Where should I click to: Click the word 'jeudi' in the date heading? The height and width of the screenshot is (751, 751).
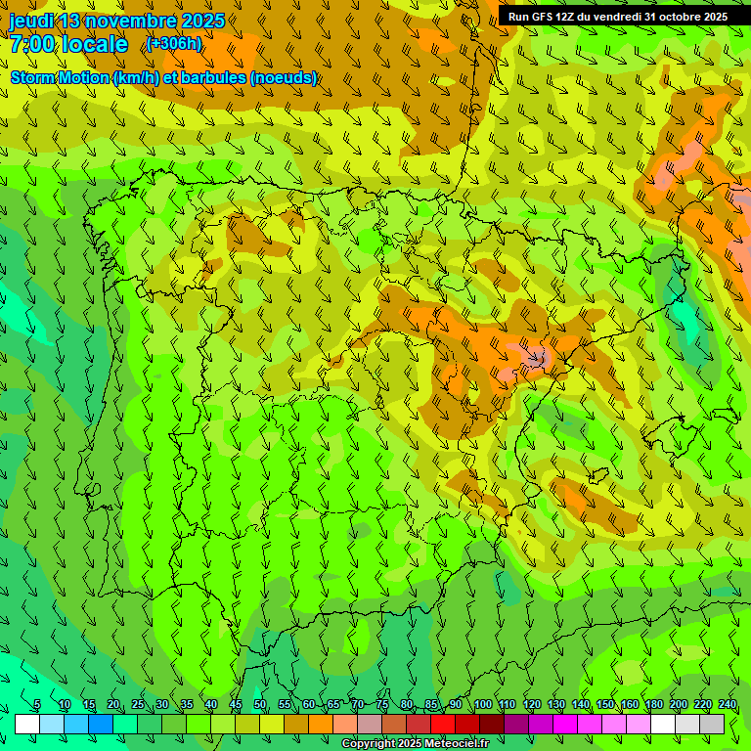coord(31,22)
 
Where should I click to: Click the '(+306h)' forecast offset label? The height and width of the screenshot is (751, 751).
coord(174,44)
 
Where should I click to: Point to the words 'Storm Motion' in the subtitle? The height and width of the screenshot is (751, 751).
coord(59,77)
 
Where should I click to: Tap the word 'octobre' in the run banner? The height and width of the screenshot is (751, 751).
coord(680,17)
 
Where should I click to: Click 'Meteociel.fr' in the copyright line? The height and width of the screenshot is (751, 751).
coord(456,744)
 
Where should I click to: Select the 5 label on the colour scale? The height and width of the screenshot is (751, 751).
coord(37,704)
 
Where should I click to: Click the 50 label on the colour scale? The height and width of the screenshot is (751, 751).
coord(260,704)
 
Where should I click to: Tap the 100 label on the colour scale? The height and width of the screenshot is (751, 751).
coord(483,704)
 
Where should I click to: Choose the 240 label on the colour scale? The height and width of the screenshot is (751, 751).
coord(728,704)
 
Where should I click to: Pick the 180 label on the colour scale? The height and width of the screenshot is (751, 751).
coord(654,704)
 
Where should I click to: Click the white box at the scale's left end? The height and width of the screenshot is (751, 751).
coord(27,724)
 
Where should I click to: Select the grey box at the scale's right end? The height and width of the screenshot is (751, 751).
coord(712,724)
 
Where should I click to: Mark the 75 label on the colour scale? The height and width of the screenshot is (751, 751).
coord(382,704)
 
